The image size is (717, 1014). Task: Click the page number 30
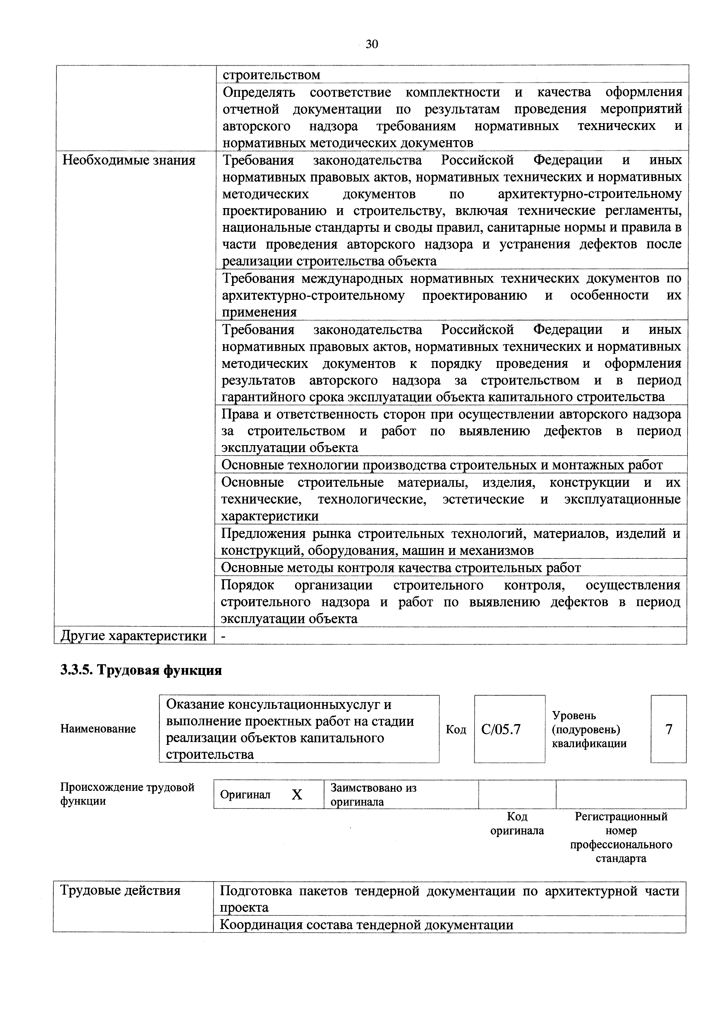click(372, 44)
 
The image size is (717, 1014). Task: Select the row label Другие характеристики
click(133, 636)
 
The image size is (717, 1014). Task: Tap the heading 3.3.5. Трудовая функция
click(141, 670)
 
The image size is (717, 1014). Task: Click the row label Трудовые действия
click(121, 890)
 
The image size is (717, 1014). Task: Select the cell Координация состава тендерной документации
click(366, 925)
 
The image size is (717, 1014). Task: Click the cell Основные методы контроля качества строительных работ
click(401, 567)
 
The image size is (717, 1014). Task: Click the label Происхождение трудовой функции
click(127, 794)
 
